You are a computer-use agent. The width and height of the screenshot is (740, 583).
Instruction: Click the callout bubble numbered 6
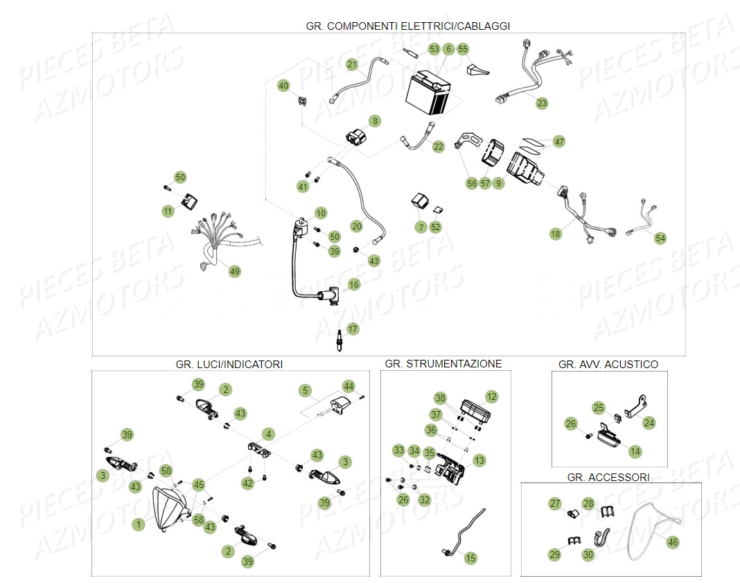[x=448, y=49]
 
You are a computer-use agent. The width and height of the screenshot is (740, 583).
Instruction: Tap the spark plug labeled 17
[x=340, y=342]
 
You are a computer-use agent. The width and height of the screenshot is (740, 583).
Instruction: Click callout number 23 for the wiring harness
[x=542, y=103]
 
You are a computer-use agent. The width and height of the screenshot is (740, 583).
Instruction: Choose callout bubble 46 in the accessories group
[x=672, y=542]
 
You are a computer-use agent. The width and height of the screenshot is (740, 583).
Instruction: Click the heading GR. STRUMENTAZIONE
[x=443, y=363]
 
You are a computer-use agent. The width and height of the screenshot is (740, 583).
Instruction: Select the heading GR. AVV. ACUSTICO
[x=608, y=364]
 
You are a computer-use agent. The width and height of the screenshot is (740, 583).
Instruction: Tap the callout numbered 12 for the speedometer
[x=491, y=397]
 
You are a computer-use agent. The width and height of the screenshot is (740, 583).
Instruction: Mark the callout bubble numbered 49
[x=235, y=272]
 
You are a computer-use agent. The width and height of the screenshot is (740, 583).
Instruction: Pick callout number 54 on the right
[x=660, y=238]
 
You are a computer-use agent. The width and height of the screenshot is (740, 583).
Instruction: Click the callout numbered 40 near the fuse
[x=283, y=86]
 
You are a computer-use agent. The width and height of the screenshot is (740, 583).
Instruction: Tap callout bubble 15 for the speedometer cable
[x=470, y=557]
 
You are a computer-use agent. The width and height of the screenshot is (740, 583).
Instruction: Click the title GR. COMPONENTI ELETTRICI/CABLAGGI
[x=407, y=26]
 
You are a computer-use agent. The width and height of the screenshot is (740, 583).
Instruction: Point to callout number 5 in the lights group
[x=305, y=391]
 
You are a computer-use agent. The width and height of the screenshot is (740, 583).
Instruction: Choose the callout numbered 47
[x=559, y=141]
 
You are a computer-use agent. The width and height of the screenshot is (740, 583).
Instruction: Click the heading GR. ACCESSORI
[x=608, y=478]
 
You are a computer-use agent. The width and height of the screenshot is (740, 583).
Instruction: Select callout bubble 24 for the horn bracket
[x=649, y=421]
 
